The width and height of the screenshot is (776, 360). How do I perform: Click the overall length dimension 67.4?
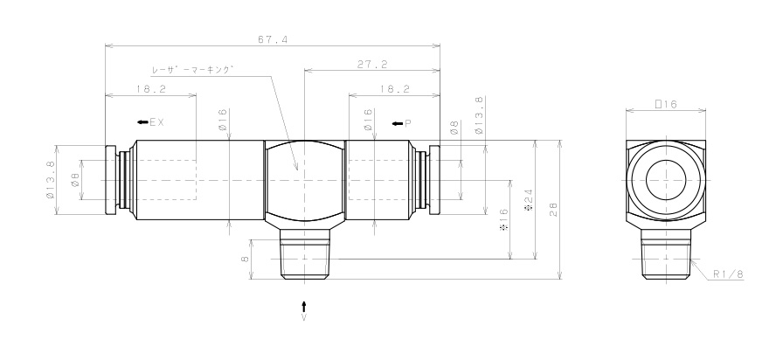[x=272, y=38]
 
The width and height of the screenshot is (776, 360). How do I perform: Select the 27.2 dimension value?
[x=372, y=64]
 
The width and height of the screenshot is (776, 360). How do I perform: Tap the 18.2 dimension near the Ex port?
[x=150, y=89]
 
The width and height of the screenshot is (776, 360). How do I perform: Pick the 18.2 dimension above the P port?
[x=394, y=89]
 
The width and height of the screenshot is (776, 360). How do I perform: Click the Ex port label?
[x=151, y=122]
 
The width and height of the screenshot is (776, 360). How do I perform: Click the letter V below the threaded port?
[x=303, y=319]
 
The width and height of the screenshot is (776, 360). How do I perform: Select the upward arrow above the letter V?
[x=303, y=305]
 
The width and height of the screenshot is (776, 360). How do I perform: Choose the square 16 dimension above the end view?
[x=667, y=103]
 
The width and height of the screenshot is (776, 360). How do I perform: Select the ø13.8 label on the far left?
[x=51, y=179]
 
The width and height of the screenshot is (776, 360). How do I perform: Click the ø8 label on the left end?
[x=75, y=179]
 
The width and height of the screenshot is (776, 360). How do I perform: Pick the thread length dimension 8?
[x=246, y=258]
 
